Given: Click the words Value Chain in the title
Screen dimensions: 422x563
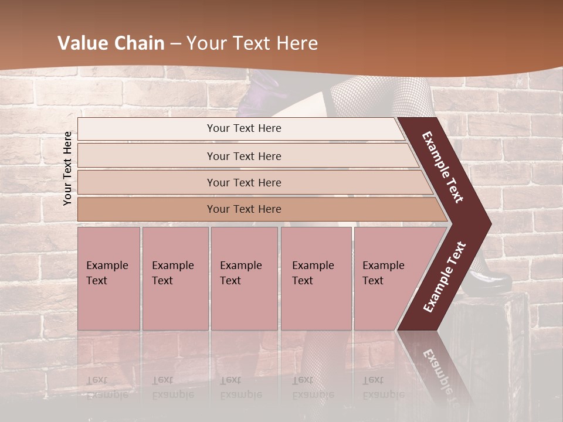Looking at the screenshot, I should click(x=111, y=43).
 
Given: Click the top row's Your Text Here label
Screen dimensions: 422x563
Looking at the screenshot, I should click(x=244, y=128).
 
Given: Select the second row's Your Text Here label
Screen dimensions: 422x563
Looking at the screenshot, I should click(x=244, y=156).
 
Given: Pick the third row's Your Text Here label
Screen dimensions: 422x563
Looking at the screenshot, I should click(x=244, y=182).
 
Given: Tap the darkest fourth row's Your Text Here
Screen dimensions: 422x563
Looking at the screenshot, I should click(x=244, y=209).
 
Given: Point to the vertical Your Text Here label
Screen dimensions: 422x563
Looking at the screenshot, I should click(x=68, y=168).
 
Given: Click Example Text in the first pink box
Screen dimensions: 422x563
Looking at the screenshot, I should click(x=107, y=273).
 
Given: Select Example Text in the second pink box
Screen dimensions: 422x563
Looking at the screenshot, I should click(x=172, y=273).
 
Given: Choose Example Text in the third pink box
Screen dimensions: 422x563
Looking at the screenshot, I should click(x=240, y=273).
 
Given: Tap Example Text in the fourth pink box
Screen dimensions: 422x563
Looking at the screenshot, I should click(x=313, y=273).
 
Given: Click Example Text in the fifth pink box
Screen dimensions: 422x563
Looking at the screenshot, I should click(x=383, y=273).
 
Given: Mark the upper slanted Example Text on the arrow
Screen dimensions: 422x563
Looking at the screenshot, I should click(x=443, y=167).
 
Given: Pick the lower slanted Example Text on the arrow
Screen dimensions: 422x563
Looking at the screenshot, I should click(x=445, y=277).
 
